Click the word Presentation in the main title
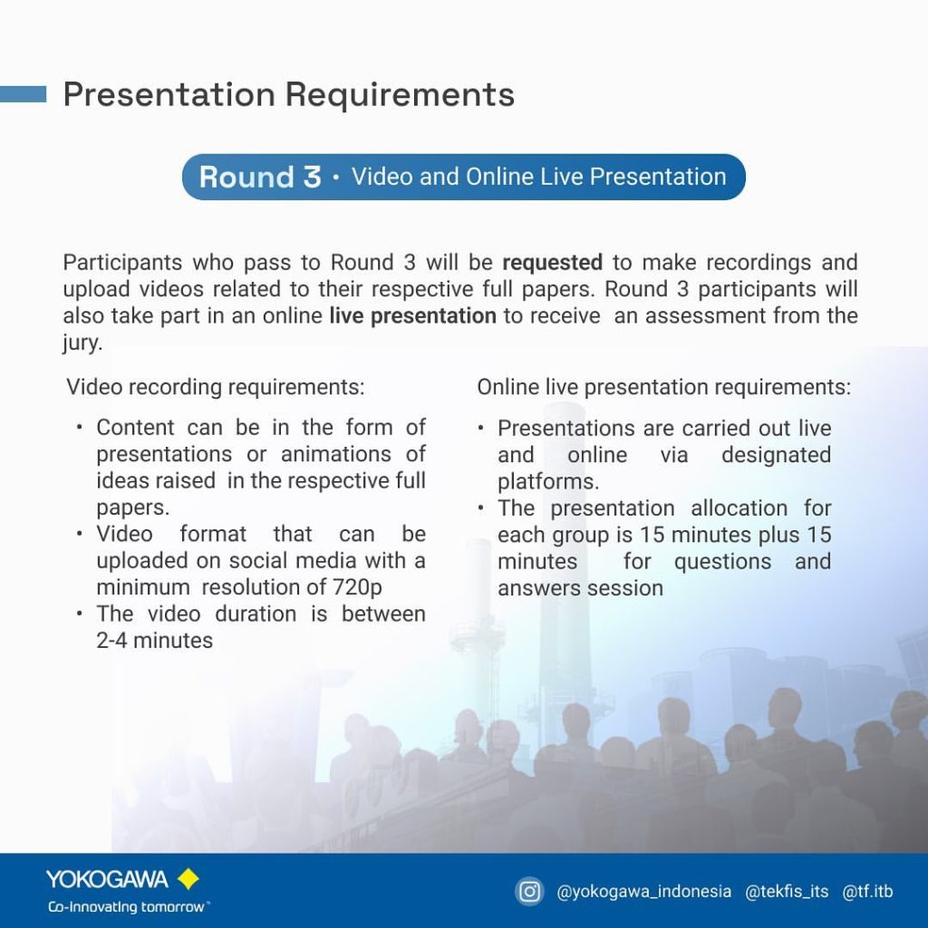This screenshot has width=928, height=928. pyautogui.click(x=169, y=94)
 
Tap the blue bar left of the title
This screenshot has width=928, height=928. pyautogui.click(x=23, y=94)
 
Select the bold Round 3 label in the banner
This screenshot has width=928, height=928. pyautogui.click(x=260, y=177)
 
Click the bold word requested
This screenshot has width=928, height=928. pyautogui.click(x=552, y=262)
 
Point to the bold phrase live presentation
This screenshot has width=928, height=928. pyautogui.click(x=412, y=315)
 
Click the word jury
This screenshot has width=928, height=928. pyautogui.click(x=82, y=343)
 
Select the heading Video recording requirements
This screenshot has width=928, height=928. pyautogui.click(x=216, y=387)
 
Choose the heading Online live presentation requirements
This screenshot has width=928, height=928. pyautogui.click(x=664, y=387)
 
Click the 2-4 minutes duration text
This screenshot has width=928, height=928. pyautogui.click(x=154, y=641)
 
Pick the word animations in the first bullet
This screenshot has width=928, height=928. pyautogui.click(x=336, y=454)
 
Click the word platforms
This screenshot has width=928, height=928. pyautogui.click(x=548, y=482)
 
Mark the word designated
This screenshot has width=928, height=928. pyautogui.click(x=776, y=455)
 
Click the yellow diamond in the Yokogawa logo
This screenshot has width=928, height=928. pyautogui.click(x=188, y=879)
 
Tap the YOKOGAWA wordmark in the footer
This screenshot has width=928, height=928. pyautogui.click(x=107, y=879)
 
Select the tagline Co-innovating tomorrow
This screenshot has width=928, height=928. pyautogui.click(x=127, y=907)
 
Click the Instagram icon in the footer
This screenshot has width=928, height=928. pyautogui.click(x=529, y=892)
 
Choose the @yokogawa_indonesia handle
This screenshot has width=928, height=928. pyautogui.click(x=644, y=892)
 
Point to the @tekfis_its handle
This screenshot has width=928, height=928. pyautogui.click(x=787, y=892)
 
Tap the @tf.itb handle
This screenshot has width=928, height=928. pyautogui.click(x=867, y=892)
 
